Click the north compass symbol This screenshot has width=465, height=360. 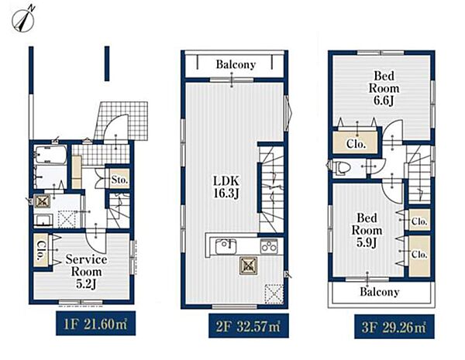tap(23, 19)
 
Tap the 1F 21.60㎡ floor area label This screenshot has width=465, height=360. tap(96, 324)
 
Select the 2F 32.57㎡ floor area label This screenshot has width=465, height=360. tap(249, 326)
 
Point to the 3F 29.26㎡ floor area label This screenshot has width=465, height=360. tap(394, 327)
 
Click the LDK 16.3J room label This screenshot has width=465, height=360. tap(226, 187)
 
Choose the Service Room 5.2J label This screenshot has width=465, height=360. tap(86, 272)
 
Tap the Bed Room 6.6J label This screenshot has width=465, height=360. tap(384, 88)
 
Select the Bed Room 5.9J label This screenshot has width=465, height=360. tap(367, 230)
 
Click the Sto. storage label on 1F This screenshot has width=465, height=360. tap(120, 180)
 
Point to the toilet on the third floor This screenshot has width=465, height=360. tap(340, 168)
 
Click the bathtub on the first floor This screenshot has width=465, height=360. tap(50, 155)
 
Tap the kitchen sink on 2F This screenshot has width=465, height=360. tap(226, 246)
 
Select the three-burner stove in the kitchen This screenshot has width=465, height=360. tap(269, 246)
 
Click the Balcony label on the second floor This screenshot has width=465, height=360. tap(236, 64)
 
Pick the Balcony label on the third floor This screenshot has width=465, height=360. tap(380, 292)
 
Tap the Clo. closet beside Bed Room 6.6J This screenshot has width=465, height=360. tap(356, 144)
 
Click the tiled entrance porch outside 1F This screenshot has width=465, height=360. tap(122, 122)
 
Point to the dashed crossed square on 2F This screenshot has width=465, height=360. tap(274, 293)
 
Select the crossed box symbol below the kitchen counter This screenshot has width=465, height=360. tap(249, 266)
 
